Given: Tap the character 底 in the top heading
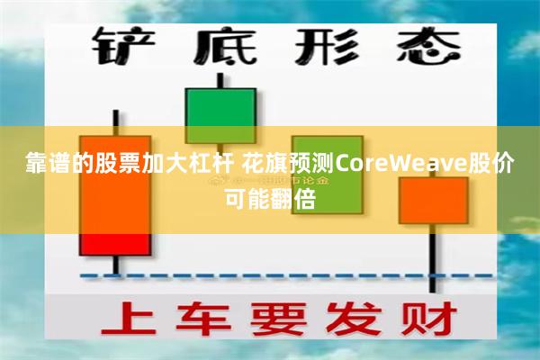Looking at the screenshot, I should [x=220, y=45].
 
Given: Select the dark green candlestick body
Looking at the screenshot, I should [x=220, y=116].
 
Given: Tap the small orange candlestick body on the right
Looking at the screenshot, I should [x=433, y=200].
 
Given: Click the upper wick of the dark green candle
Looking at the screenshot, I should [x=220, y=79].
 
